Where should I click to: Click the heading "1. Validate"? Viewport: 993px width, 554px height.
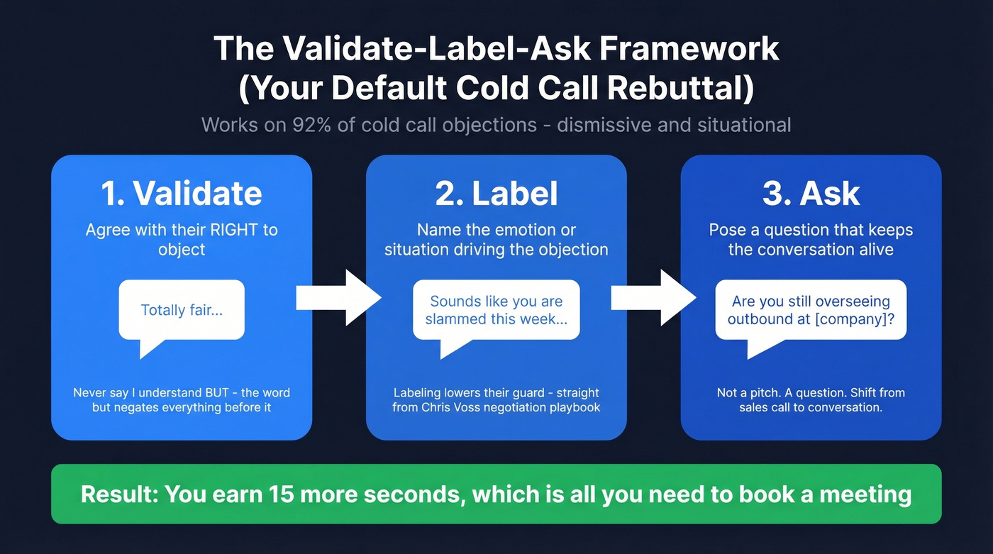[x=182, y=194]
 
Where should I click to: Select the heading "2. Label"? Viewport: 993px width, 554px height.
[x=496, y=194]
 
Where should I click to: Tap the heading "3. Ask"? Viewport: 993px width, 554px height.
[x=811, y=194]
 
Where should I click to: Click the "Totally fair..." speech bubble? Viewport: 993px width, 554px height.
[x=182, y=310]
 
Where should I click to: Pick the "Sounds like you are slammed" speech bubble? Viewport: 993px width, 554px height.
[x=496, y=310]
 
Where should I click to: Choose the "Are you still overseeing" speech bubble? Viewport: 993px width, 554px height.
[x=811, y=310]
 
